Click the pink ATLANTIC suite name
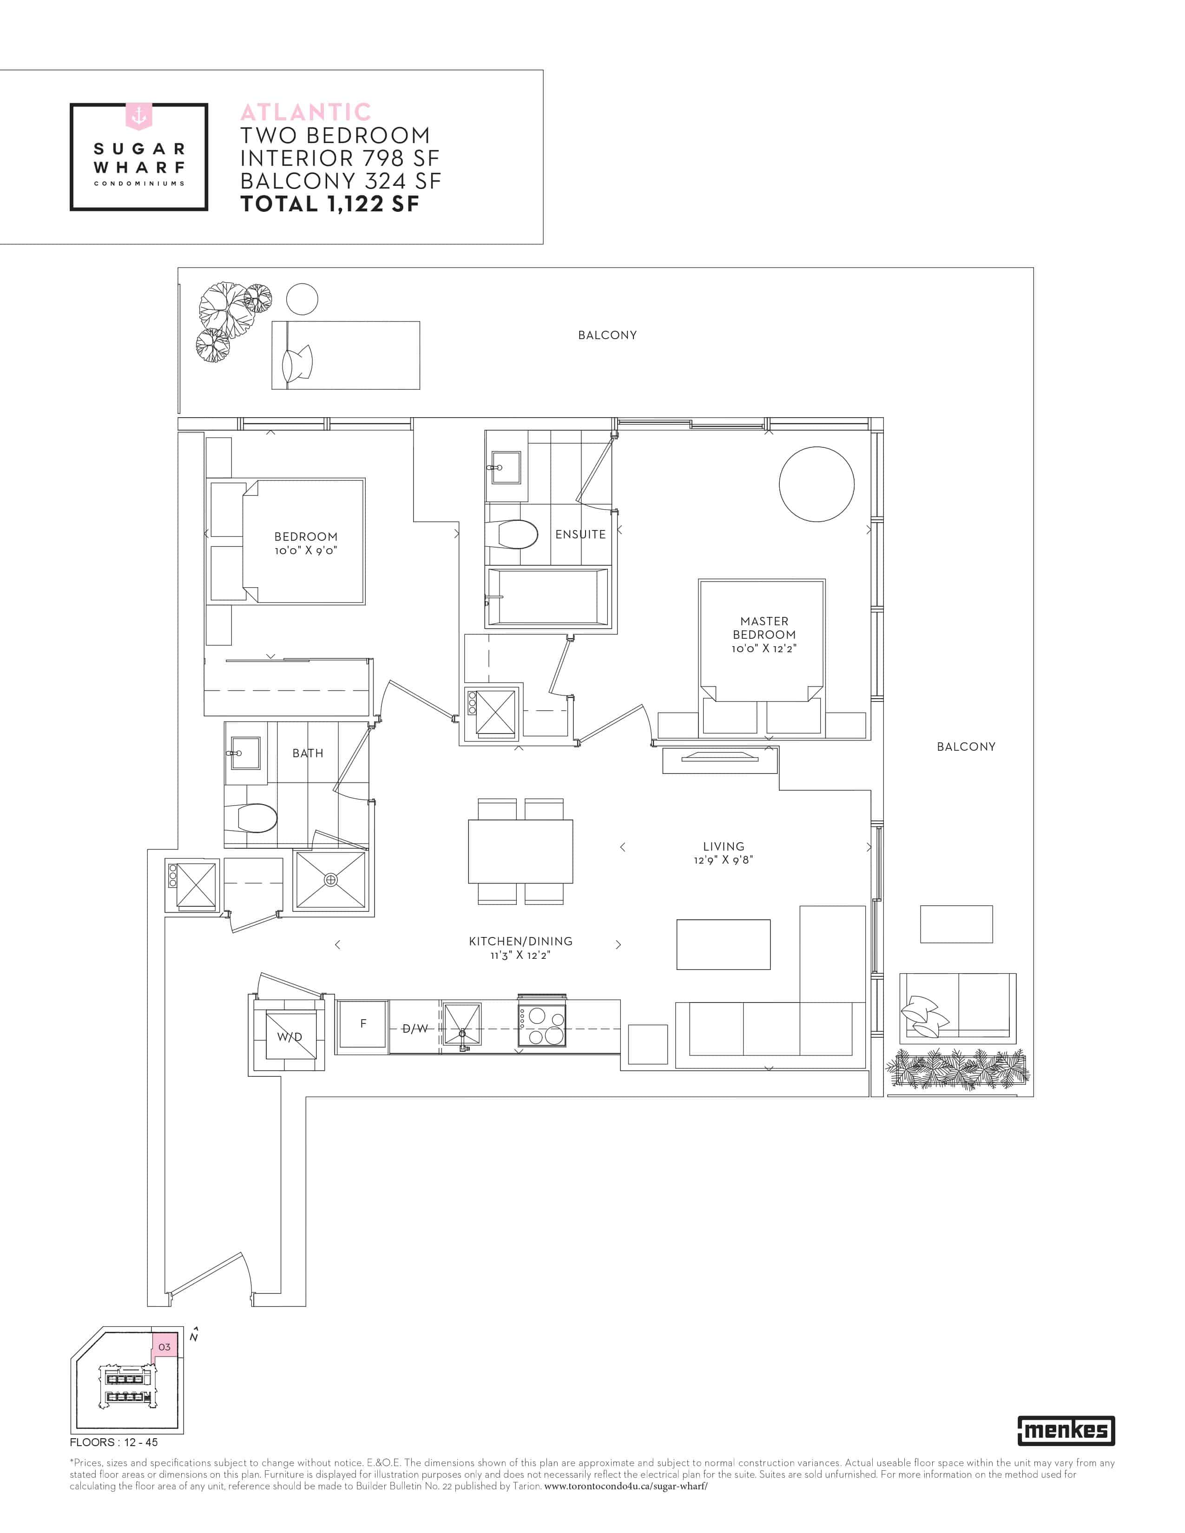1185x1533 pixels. click(306, 112)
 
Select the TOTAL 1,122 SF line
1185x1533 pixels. click(330, 204)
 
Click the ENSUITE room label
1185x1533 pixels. click(580, 534)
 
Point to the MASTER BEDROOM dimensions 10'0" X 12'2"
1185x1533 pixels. click(764, 649)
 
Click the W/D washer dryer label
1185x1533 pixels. click(289, 1037)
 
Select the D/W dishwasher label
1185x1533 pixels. click(415, 1029)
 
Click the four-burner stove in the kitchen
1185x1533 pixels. click(541, 1026)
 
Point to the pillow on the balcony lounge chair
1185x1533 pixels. click(296, 364)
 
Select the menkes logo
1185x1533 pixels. click(1066, 1430)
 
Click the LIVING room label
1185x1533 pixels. click(723, 846)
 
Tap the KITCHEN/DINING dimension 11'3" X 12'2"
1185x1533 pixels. click(520, 955)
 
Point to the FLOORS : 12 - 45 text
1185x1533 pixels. click(114, 1442)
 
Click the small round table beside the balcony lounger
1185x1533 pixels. click(302, 300)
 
